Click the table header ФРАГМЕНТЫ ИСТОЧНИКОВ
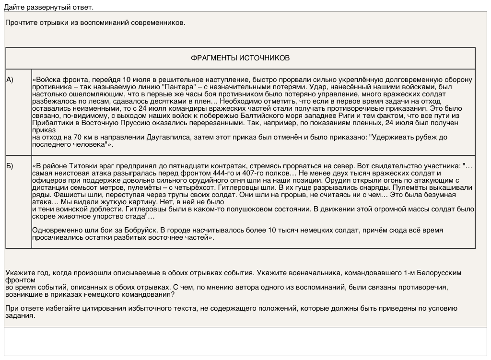click(x=240, y=58)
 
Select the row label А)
click(x=10, y=80)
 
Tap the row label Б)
click(x=10, y=166)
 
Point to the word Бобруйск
click(x=141, y=230)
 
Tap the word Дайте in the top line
click(x=14, y=7)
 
